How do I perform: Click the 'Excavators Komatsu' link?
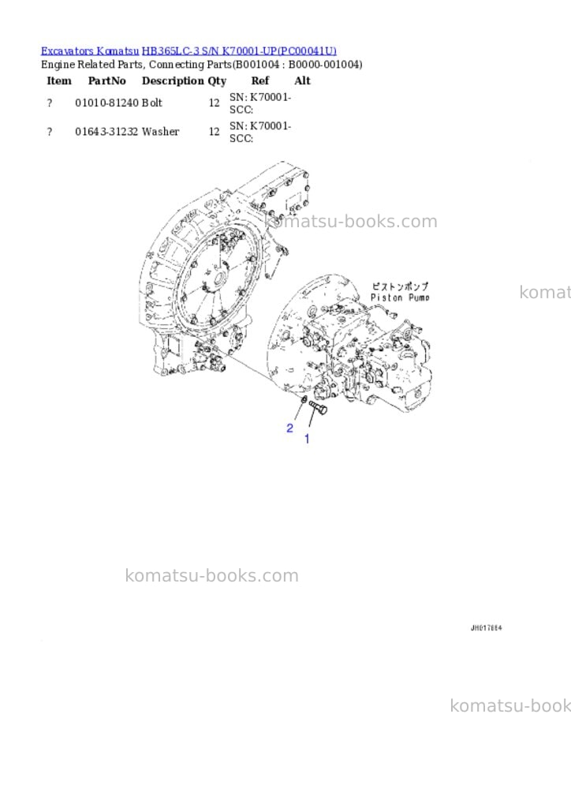pyautogui.click(x=90, y=50)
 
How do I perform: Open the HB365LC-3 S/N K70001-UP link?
pyautogui.click(x=239, y=50)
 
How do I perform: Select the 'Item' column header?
pyautogui.click(x=59, y=80)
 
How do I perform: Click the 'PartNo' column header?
pyautogui.click(x=107, y=80)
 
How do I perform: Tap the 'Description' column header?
pyautogui.click(x=173, y=80)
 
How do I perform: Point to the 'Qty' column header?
pyautogui.click(x=217, y=81)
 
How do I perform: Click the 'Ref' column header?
pyautogui.click(x=260, y=80)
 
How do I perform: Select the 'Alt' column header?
pyautogui.click(x=302, y=80)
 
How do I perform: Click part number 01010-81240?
pyautogui.click(x=107, y=103)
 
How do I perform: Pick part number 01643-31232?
pyautogui.click(x=107, y=132)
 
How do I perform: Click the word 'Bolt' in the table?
pyautogui.click(x=152, y=103)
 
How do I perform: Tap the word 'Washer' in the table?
pyautogui.click(x=161, y=132)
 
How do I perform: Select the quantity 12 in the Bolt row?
pyautogui.click(x=215, y=103)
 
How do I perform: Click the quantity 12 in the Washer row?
pyautogui.click(x=215, y=132)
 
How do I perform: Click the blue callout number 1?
pyautogui.click(x=308, y=439)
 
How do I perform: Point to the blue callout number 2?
pyautogui.click(x=290, y=428)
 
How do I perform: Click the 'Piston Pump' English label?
pyautogui.click(x=400, y=297)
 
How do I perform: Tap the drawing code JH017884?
pyautogui.click(x=486, y=627)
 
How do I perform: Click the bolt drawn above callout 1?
pyautogui.click(x=318, y=409)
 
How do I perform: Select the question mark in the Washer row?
pyautogui.click(x=50, y=132)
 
